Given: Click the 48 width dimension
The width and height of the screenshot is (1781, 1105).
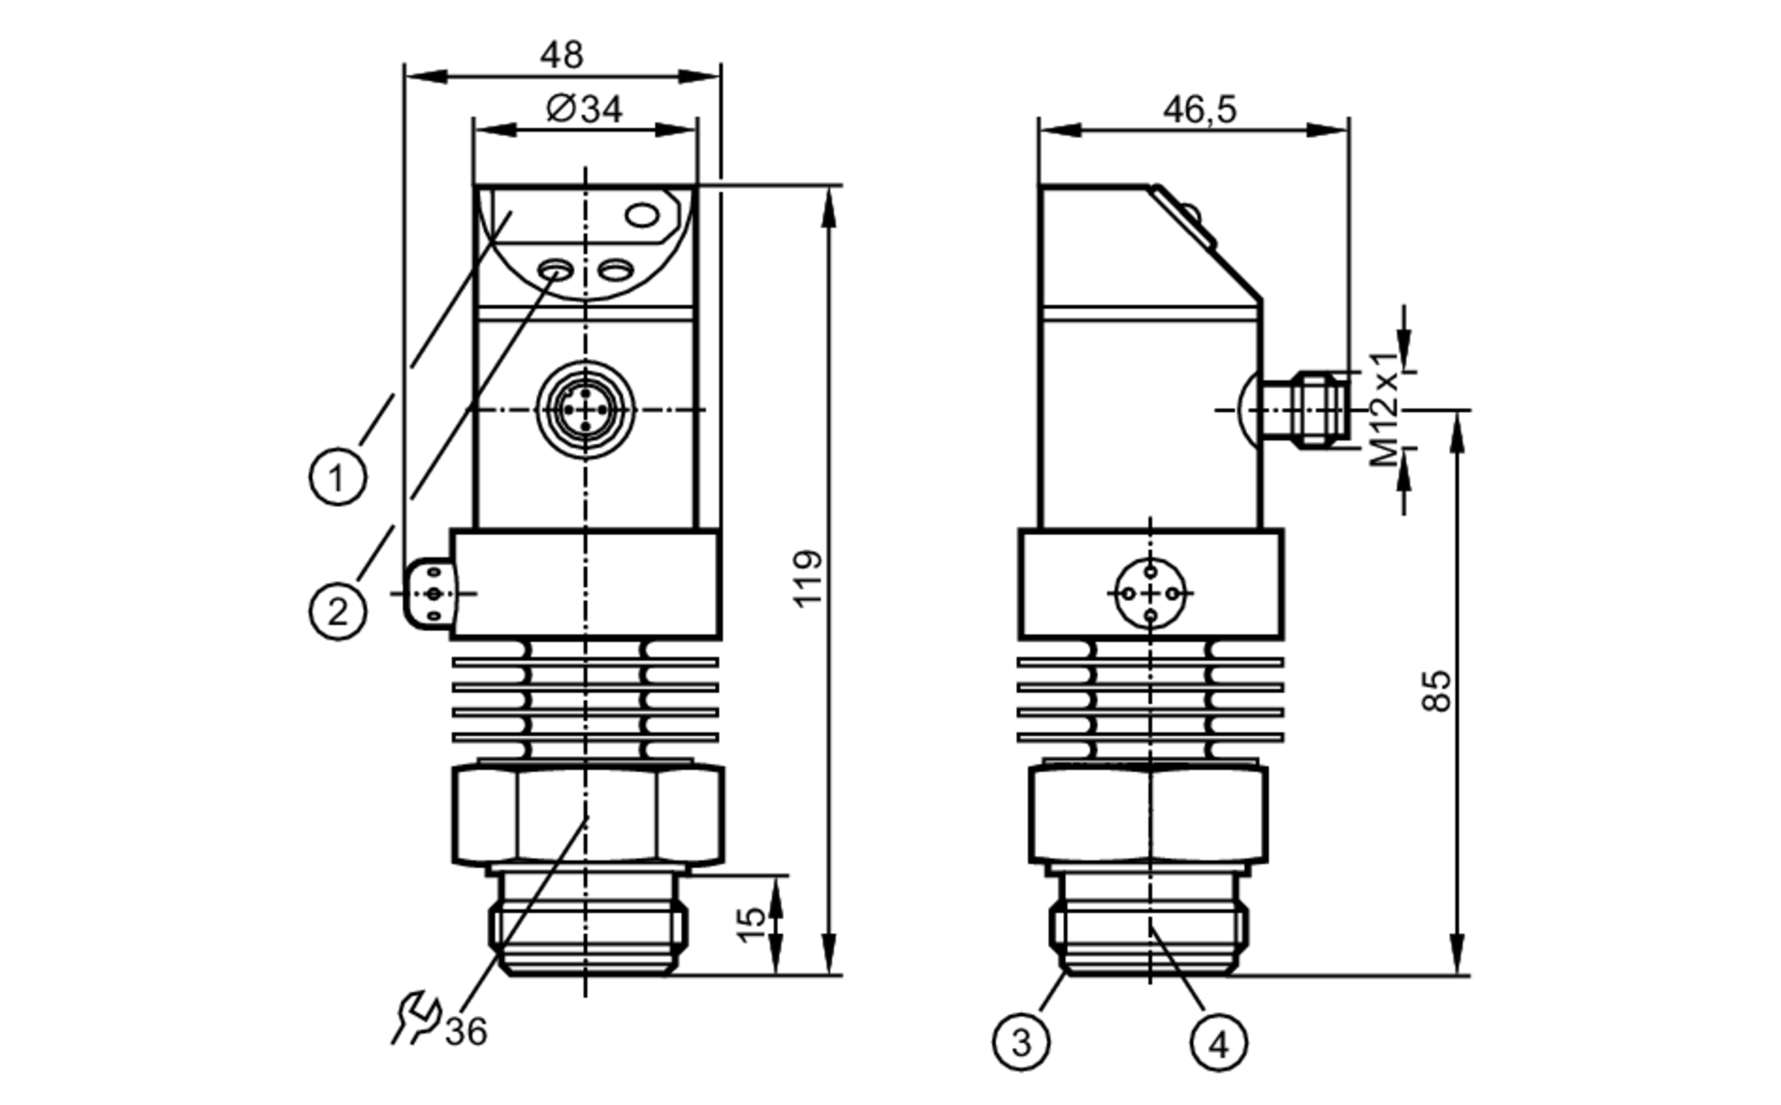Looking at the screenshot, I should (561, 56).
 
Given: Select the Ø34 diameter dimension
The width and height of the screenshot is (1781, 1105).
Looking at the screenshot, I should (584, 110).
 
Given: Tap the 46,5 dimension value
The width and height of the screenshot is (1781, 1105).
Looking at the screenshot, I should (1200, 110).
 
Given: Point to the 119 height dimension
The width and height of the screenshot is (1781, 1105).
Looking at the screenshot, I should (809, 579).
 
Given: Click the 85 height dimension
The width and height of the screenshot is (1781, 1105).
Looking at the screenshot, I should (1435, 691).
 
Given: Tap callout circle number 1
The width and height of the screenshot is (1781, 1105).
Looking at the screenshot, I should (337, 478).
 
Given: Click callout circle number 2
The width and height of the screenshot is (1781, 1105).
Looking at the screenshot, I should (337, 612).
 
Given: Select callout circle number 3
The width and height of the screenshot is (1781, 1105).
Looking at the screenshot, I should (1021, 1041).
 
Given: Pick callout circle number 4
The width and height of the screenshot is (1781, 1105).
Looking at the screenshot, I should (1218, 1043).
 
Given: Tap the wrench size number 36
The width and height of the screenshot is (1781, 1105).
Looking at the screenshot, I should (467, 1032).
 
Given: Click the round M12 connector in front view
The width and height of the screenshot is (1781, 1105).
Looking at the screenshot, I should (585, 410).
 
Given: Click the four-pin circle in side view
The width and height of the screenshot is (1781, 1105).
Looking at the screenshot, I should (1151, 593).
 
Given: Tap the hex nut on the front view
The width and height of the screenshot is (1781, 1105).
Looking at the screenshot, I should (588, 816).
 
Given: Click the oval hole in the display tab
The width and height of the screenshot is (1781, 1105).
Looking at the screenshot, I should (642, 215).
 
